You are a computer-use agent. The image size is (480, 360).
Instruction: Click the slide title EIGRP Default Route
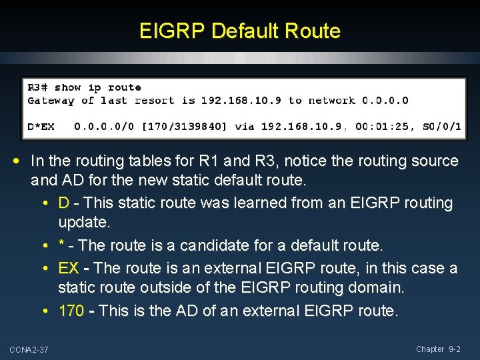pyautogui.click(x=240, y=31)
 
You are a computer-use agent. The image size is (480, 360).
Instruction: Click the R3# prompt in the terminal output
pyautogui.click(x=37, y=87)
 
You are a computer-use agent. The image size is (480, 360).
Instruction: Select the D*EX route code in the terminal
pyautogui.click(x=41, y=125)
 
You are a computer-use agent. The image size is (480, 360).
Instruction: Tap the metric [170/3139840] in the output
pyautogui.click(x=179, y=125)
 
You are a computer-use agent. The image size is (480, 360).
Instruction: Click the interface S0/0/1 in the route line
pyautogui.click(x=442, y=125)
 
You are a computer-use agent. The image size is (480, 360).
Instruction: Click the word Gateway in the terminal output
pyautogui.click(x=51, y=101)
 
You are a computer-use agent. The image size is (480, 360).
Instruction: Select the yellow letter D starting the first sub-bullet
pyautogui.click(x=63, y=203)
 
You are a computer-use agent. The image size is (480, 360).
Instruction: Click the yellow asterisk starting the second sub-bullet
pyautogui.click(x=61, y=246)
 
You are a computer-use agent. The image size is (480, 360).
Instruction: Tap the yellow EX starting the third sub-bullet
pyautogui.click(x=68, y=268)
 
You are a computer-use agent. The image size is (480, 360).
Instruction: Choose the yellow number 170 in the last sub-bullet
pyautogui.click(x=71, y=311)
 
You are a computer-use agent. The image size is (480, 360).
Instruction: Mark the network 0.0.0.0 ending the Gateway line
pyautogui.click(x=385, y=101)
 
